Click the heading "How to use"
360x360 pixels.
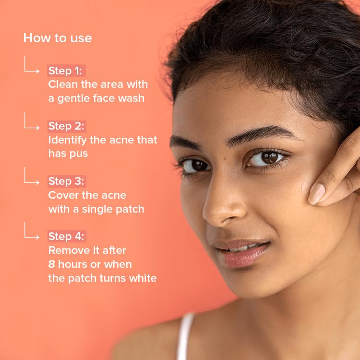pos(58,38)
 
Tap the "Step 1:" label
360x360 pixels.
pos(65,71)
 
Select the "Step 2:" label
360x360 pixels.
pos(66,126)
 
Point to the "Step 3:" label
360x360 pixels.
pos(66,181)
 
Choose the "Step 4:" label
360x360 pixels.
pos(66,236)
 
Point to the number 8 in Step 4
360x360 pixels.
pos(51,264)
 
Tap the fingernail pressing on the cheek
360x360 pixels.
pos(317,194)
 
